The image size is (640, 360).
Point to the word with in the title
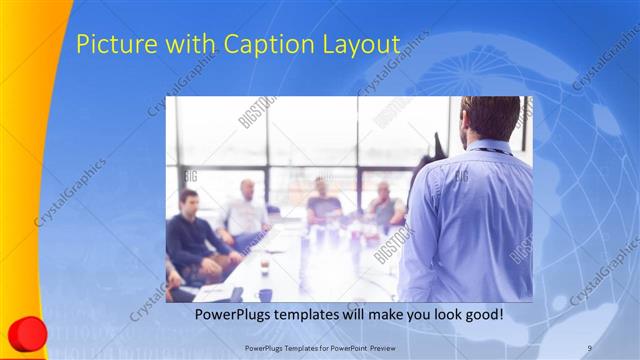coord(169,45)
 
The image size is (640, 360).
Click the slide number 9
coord(590,347)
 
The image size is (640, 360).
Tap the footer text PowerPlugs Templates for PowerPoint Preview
coord(320,347)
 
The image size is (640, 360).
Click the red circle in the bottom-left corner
coord(27,333)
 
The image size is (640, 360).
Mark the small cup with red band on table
coord(264,266)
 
